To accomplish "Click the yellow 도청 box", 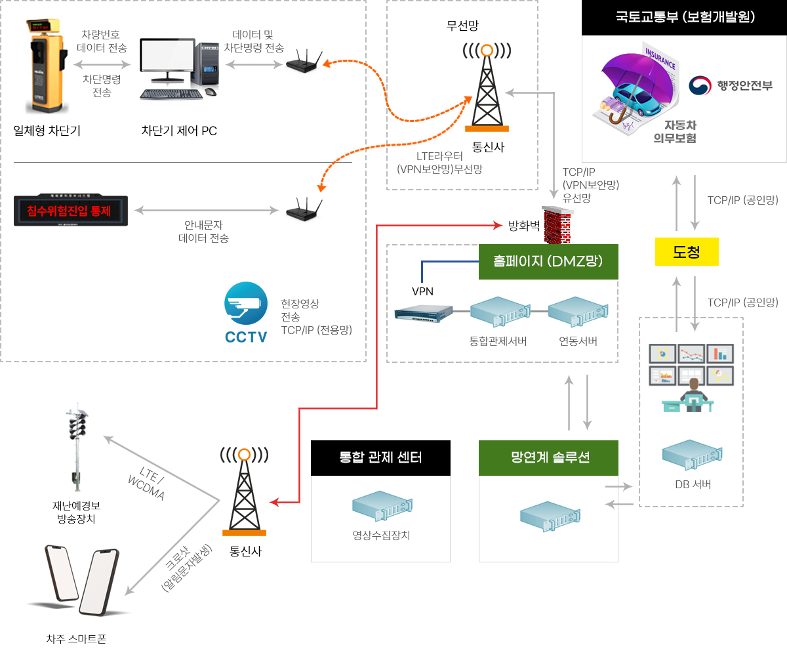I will [x=687, y=251].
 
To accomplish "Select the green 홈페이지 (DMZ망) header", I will [x=548, y=261].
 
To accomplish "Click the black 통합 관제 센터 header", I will [x=380, y=457].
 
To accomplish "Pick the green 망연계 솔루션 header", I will [x=548, y=457].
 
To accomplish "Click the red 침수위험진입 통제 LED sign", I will [x=71, y=211].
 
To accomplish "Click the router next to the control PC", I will [x=303, y=63].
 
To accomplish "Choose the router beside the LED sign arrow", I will [x=303, y=210].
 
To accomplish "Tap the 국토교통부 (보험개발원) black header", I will [x=685, y=18].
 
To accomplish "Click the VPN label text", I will [x=422, y=291].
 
